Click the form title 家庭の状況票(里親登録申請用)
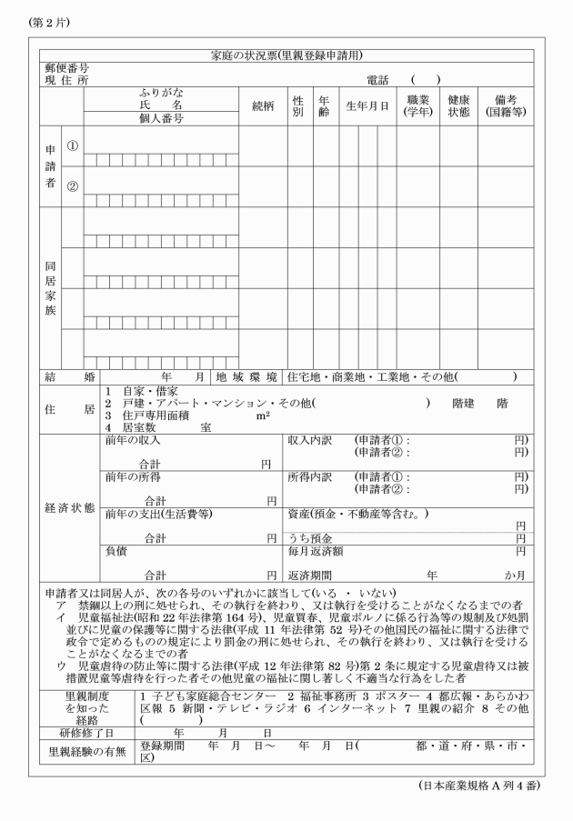(286, 55)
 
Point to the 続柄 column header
(263, 105)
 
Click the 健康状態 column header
(457, 105)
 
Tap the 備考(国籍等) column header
(505, 105)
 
